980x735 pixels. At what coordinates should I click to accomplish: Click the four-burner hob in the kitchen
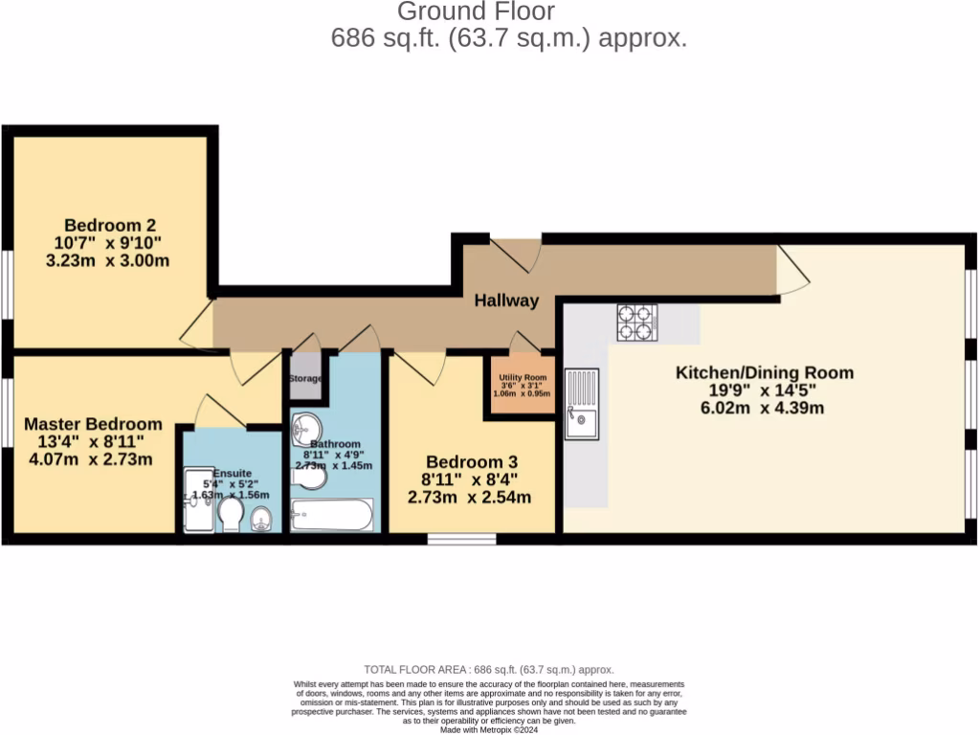point(636,323)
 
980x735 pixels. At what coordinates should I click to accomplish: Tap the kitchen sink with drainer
point(581,403)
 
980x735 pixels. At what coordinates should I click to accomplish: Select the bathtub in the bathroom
point(331,515)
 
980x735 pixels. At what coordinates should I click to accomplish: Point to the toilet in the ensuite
point(231,516)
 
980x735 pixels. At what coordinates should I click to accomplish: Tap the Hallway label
point(506,301)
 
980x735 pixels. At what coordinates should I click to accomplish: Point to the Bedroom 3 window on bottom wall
point(448,539)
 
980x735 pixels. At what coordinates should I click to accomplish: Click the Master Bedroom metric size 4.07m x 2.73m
point(92,459)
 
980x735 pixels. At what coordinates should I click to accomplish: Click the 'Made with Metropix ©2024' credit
point(489,729)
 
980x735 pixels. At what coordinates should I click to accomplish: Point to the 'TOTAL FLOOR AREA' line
point(489,670)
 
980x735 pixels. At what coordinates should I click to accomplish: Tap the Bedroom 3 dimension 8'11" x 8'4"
point(471,479)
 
